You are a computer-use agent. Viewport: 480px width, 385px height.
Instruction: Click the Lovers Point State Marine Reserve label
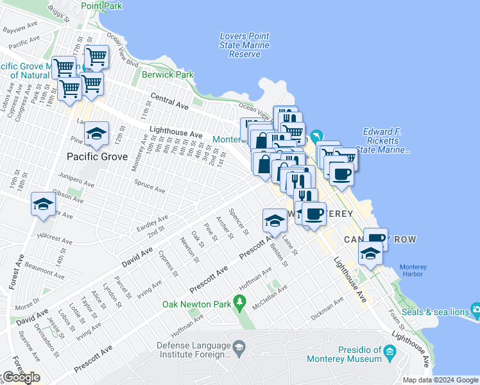(244, 46)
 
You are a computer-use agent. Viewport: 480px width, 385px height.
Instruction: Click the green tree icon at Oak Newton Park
(240, 300)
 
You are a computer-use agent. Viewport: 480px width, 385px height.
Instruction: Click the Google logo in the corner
(21, 377)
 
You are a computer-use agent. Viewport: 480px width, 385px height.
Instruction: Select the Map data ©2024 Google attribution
(440, 380)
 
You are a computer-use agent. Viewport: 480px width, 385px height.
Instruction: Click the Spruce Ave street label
(149, 186)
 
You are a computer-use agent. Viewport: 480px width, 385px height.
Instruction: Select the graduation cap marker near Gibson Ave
(42, 204)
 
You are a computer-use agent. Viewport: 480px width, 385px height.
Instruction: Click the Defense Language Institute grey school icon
(239, 347)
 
